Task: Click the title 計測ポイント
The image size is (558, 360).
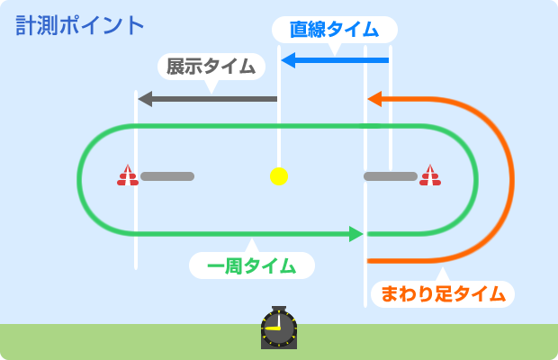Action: [x=80, y=25]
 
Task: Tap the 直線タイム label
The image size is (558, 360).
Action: [x=334, y=30]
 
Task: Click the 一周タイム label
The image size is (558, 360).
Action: [x=251, y=265]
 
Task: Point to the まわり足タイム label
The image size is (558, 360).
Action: [x=442, y=293]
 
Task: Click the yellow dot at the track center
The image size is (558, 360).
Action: [x=278, y=175]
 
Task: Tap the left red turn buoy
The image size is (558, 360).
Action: [x=127, y=175]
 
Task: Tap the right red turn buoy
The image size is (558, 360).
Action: [x=430, y=175]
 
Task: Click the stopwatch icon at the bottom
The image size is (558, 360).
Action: [x=278, y=328]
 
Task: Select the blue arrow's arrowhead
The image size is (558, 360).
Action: [x=288, y=60]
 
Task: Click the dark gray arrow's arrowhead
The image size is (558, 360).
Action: [x=145, y=98]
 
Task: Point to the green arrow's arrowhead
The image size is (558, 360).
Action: [x=356, y=234]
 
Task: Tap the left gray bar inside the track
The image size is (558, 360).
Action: [x=167, y=176]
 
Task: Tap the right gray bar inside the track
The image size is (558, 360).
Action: [x=390, y=176]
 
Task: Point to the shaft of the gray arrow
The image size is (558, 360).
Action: [x=216, y=98]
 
